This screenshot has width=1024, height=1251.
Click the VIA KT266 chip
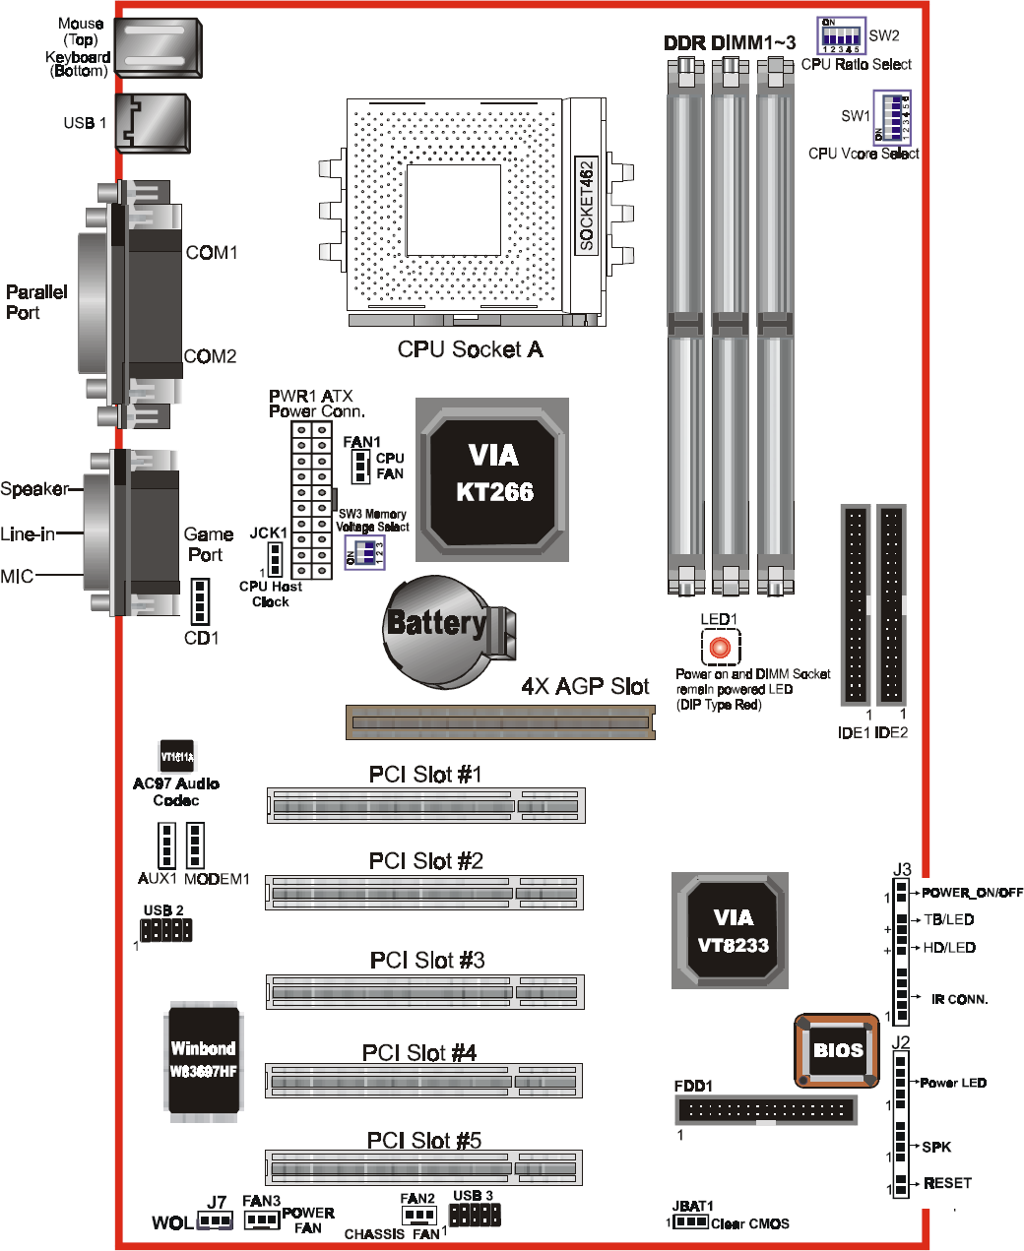[492, 479]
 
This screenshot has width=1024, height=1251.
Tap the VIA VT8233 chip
[731, 930]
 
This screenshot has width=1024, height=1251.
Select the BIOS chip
[837, 1050]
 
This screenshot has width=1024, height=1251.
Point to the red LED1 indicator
[720, 648]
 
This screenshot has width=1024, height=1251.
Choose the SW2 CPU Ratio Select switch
[841, 36]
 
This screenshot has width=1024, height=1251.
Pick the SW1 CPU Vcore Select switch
[892, 118]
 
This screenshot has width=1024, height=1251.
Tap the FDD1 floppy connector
[765, 1110]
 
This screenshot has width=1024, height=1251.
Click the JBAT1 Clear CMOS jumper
[690, 1221]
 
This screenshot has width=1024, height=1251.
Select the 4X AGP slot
[500, 722]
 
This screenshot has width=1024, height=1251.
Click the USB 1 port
[153, 123]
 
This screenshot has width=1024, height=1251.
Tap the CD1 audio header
[200, 601]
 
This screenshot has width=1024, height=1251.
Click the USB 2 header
[165, 929]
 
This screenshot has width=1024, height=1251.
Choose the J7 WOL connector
[215, 1220]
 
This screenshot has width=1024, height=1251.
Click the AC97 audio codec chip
[177, 755]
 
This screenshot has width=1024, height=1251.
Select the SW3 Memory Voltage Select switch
[364, 553]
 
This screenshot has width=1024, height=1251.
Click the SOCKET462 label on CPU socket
[587, 206]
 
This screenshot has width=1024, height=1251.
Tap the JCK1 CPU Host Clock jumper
[275, 561]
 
